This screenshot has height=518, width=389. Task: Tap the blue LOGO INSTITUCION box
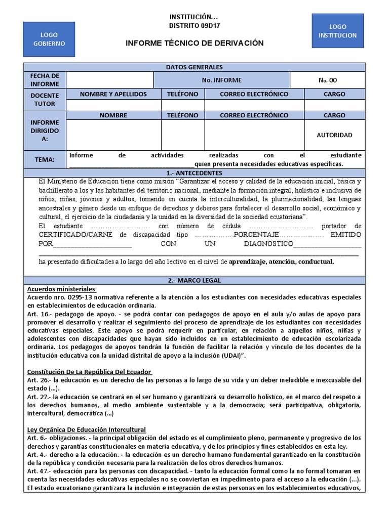tap(337, 31)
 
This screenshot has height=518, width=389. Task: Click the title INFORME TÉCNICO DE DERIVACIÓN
tap(194, 43)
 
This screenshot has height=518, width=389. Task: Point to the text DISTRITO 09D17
tap(194, 25)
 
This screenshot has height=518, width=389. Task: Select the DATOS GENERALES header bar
tap(194, 67)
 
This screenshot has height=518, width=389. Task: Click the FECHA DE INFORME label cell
tap(45, 80)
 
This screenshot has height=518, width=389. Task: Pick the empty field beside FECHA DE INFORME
tap(110, 80)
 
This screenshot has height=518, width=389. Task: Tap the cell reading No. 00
tap(327, 80)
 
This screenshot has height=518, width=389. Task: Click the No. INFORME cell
tap(221, 80)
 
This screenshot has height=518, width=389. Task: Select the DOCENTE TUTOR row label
tap(45, 100)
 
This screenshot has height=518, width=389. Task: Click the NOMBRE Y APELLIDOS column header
tap(113, 94)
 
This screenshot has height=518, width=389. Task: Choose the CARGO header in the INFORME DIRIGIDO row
tap(334, 115)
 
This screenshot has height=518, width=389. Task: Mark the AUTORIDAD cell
tap(334, 135)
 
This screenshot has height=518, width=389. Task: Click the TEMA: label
tap(45, 160)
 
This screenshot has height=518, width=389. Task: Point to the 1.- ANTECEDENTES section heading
tap(194, 173)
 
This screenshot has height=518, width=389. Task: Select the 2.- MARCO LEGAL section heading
tap(194, 280)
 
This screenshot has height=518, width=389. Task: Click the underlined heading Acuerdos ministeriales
tap(61, 289)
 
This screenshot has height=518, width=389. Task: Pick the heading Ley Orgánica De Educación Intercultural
tap(86, 429)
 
